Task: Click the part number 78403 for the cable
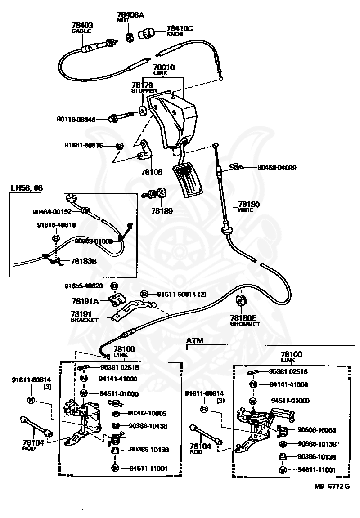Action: coord(82,25)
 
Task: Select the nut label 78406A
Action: coord(130,15)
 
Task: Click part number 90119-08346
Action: coord(76,119)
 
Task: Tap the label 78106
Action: coord(152,172)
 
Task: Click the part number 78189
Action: coord(162,211)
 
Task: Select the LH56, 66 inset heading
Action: coord(27,188)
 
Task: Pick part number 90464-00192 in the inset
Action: coord(52,212)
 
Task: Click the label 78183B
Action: coord(84,261)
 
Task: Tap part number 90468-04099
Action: coord(277,167)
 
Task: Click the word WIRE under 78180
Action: coord(245,210)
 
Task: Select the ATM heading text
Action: coord(195,340)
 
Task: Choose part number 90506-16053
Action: coord(317,430)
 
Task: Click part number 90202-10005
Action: coord(148,413)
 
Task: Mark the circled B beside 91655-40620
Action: coord(114,286)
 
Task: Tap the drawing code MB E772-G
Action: coord(332,486)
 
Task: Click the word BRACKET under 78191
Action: coord(85,320)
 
